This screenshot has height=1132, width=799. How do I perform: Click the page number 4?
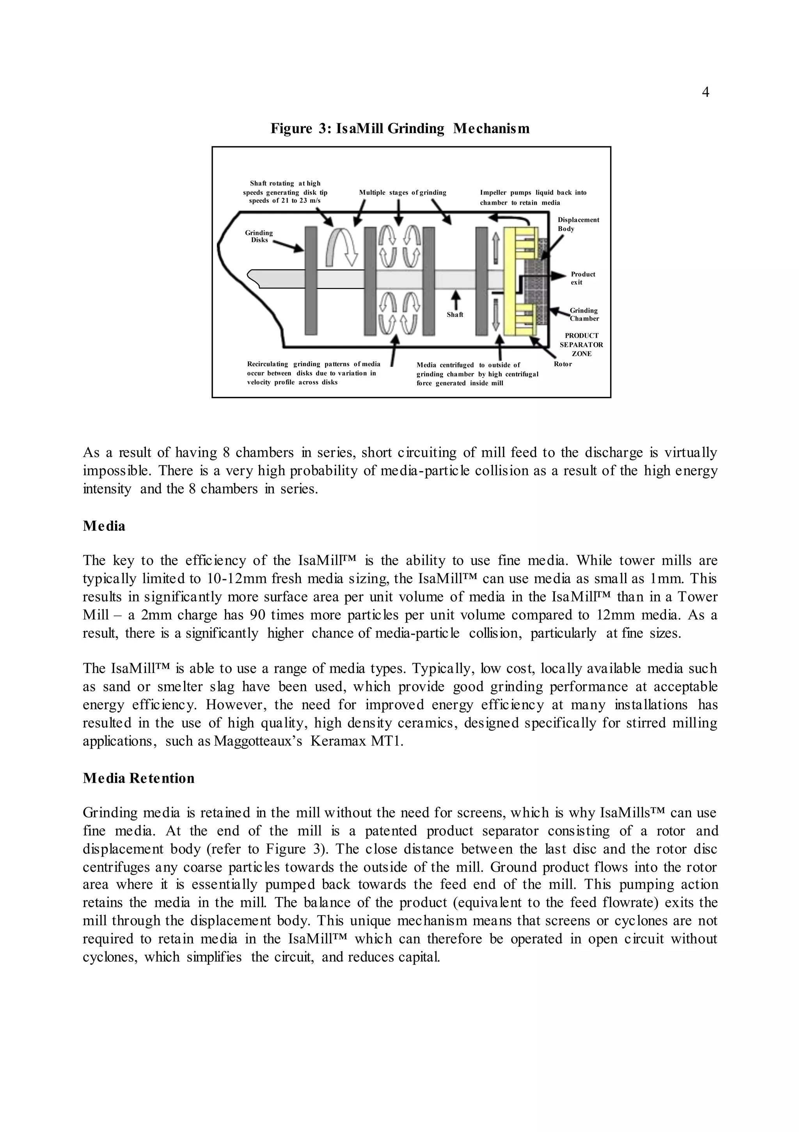705,93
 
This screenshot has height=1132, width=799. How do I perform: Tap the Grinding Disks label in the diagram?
259,236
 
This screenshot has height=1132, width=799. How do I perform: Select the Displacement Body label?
578,224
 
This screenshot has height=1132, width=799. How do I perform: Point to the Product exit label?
582,278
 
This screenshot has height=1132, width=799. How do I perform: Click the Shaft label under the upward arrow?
455,315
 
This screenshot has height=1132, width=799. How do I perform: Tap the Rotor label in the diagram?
563,364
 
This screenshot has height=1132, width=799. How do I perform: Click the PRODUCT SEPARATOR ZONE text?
581,345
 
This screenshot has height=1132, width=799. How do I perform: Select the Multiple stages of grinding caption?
403,193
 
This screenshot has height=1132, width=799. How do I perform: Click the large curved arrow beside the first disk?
340,247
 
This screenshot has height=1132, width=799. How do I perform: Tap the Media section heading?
104,526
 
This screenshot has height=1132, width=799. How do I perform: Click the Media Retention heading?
138,778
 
